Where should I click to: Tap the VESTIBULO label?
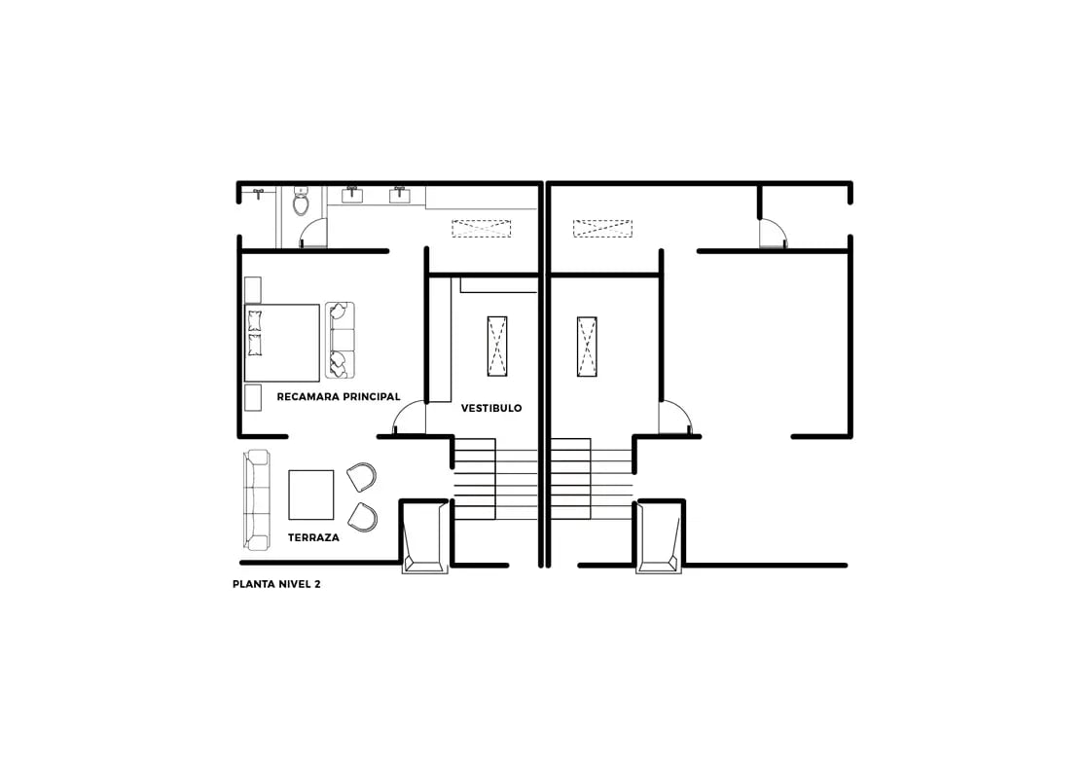point(491,408)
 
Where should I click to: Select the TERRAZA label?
point(313,537)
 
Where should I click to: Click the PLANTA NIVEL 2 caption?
point(276,584)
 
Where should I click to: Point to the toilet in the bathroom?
point(301,202)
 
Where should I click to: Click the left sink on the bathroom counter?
point(351,195)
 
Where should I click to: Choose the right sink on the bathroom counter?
point(399,195)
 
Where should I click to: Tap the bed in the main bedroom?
point(281,343)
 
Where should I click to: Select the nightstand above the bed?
point(252,290)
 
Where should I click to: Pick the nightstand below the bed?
point(252,397)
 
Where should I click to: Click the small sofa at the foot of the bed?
point(340,340)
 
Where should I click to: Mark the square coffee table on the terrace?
point(311,495)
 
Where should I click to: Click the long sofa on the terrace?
point(256,499)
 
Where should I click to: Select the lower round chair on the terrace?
point(362,517)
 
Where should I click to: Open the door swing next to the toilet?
point(312,234)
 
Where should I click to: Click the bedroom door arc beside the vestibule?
point(410,419)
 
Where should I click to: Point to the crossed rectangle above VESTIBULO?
point(497,346)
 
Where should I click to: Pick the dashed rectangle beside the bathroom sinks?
point(481,229)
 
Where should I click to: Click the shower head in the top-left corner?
point(258,193)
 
